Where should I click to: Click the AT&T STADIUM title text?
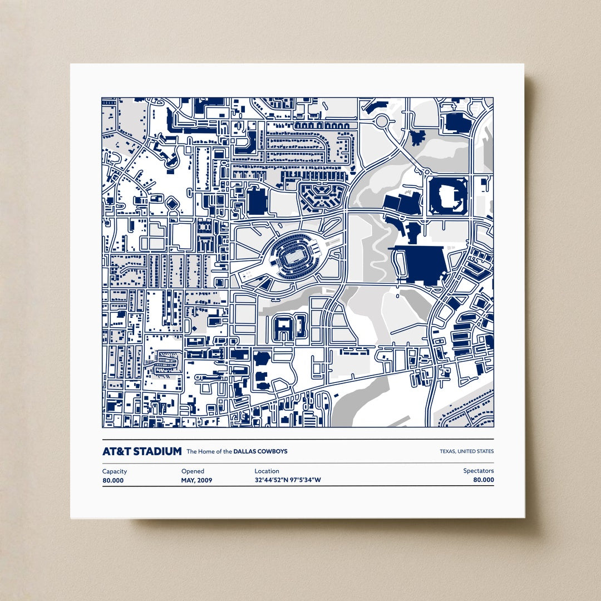(142, 451)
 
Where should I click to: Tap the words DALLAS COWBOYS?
(260, 451)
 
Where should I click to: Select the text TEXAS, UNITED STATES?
(466, 451)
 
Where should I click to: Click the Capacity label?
(115, 471)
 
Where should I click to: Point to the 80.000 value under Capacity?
(113, 480)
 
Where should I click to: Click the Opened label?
(193, 471)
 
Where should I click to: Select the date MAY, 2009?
(196, 480)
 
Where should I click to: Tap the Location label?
(267, 471)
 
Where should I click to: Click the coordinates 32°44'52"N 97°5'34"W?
(288, 480)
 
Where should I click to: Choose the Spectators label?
(479, 471)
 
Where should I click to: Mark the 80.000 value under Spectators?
(483, 480)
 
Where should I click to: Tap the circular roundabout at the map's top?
(382, 121)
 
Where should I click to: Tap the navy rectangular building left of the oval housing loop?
(257, 201)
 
